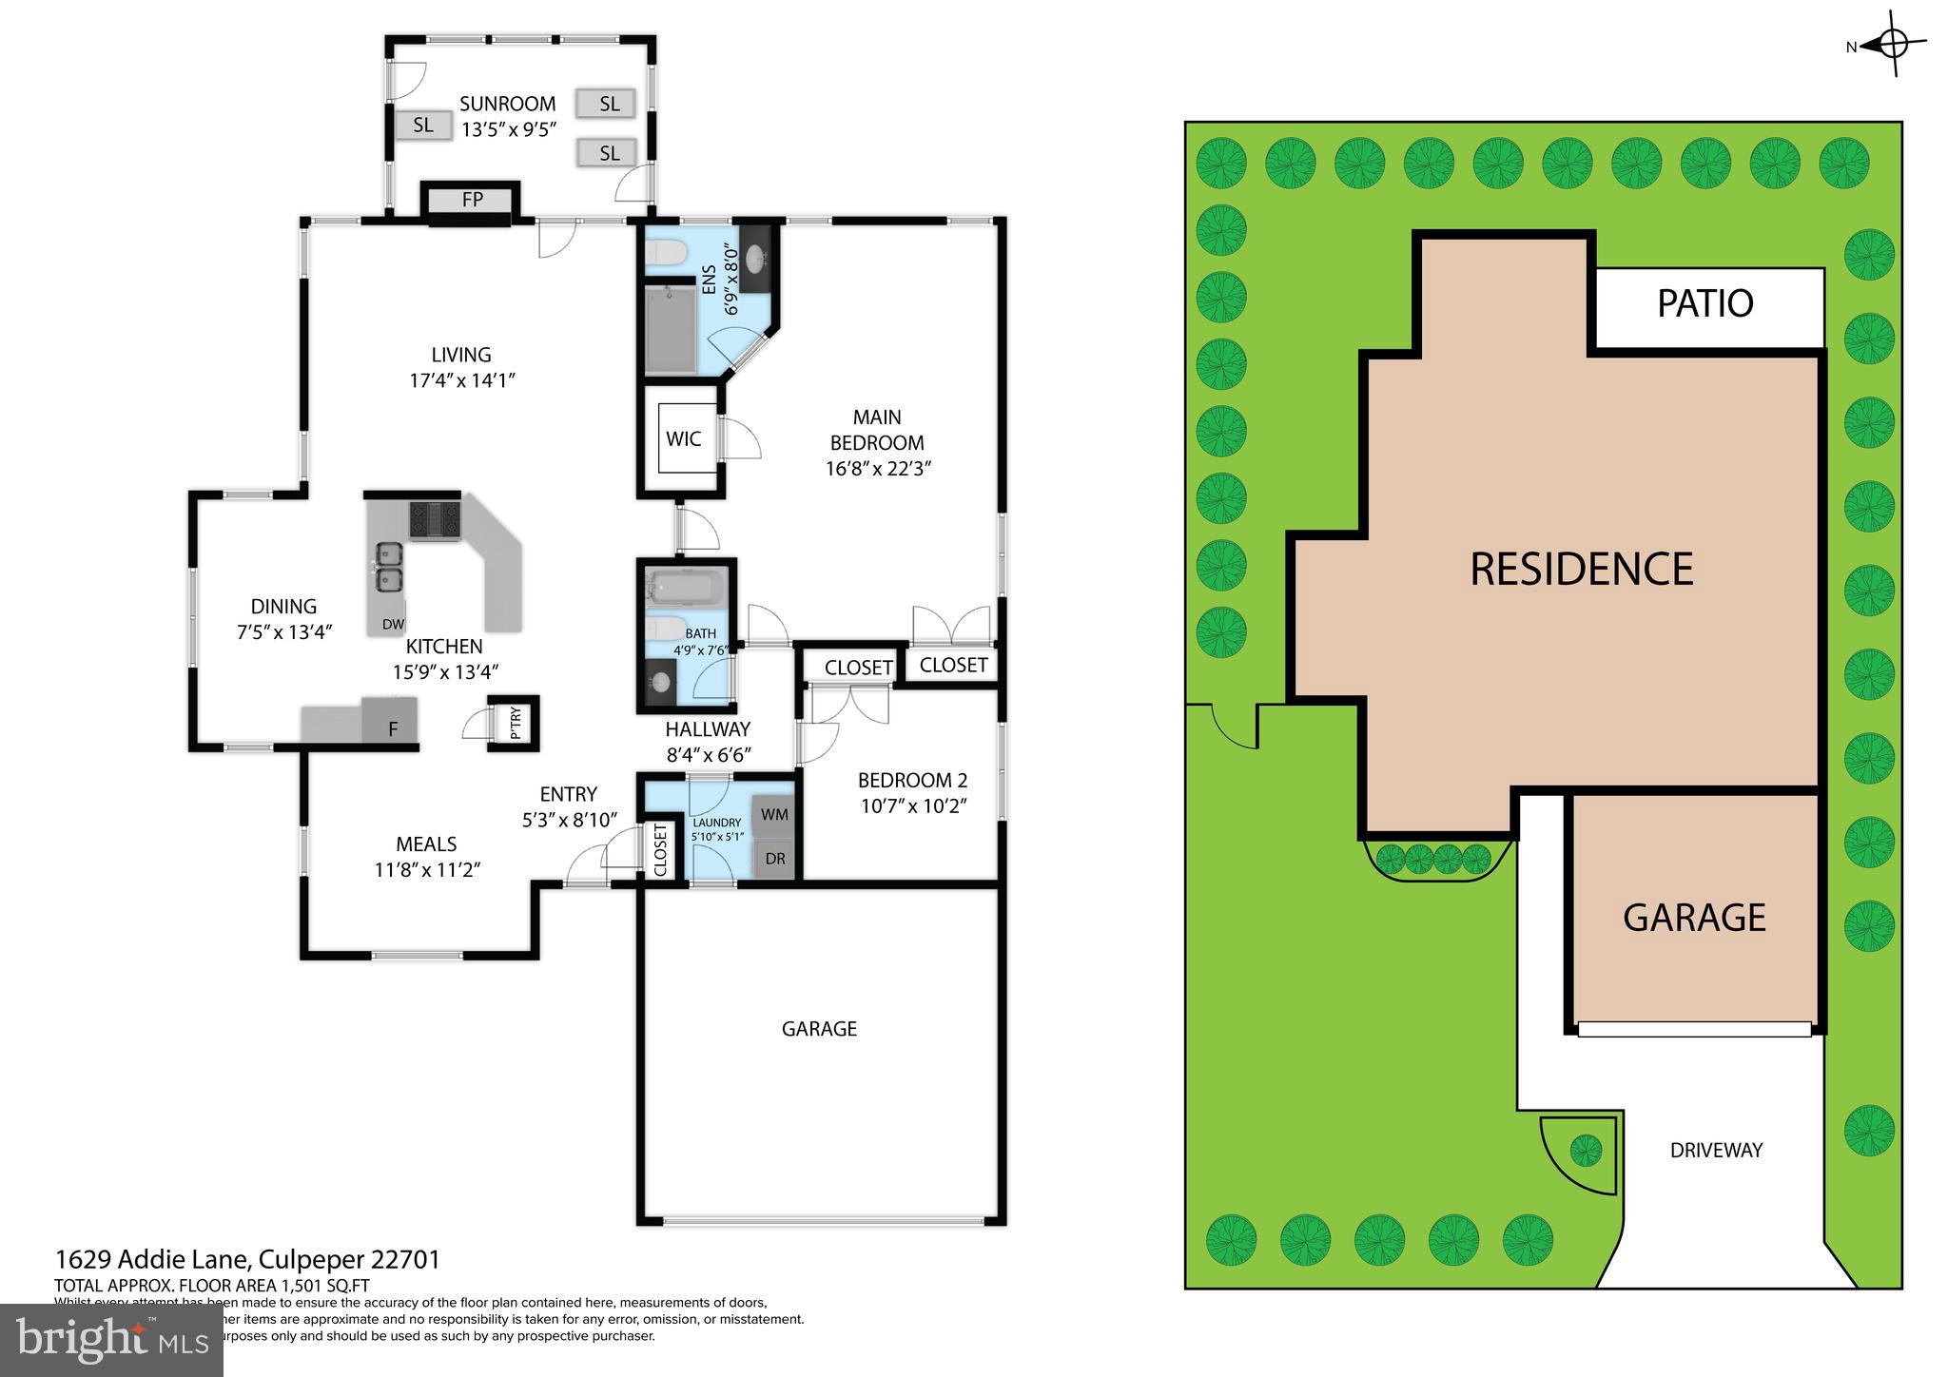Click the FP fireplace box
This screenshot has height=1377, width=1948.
point(472,200)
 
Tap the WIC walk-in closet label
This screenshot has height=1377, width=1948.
point(683,438)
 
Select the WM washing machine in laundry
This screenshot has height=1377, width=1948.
point(774,815)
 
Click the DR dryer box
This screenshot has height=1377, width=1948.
point(775,859)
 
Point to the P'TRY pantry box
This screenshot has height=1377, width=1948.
point(515,723)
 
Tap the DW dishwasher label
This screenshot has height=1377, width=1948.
point(393,625)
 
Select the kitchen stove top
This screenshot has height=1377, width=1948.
point(434,519)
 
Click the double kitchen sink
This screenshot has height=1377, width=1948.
point(387,567)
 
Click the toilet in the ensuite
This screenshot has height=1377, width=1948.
point(666,253)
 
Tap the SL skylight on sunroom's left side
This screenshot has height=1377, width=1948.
point(422,125)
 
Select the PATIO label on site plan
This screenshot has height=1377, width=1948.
point(1704,303)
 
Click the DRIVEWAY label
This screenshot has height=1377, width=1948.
point(1716,1151)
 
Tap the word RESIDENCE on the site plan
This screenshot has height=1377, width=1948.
point(1581,570)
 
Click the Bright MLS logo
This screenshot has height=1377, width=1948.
point(112,1340)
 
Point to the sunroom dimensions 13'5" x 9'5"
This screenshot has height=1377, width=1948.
point(507,130)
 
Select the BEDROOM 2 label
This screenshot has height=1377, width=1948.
point(911,781)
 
